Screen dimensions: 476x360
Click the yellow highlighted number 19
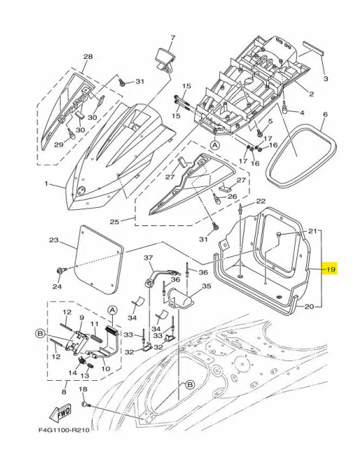tap(331, 269)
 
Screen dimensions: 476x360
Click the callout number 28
tap(88, 57)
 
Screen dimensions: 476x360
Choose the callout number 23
tap(53, 239)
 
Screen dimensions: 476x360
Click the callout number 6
tap(324, 113)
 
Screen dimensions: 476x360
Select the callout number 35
tap(206, 286)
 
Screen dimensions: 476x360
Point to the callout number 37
tap(148, 258)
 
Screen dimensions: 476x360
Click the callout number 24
tap(57, 286)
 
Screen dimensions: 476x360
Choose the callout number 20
tap(309, 305)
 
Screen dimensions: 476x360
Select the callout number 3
tap(324, 79)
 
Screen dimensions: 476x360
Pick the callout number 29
tap(59, 144)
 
